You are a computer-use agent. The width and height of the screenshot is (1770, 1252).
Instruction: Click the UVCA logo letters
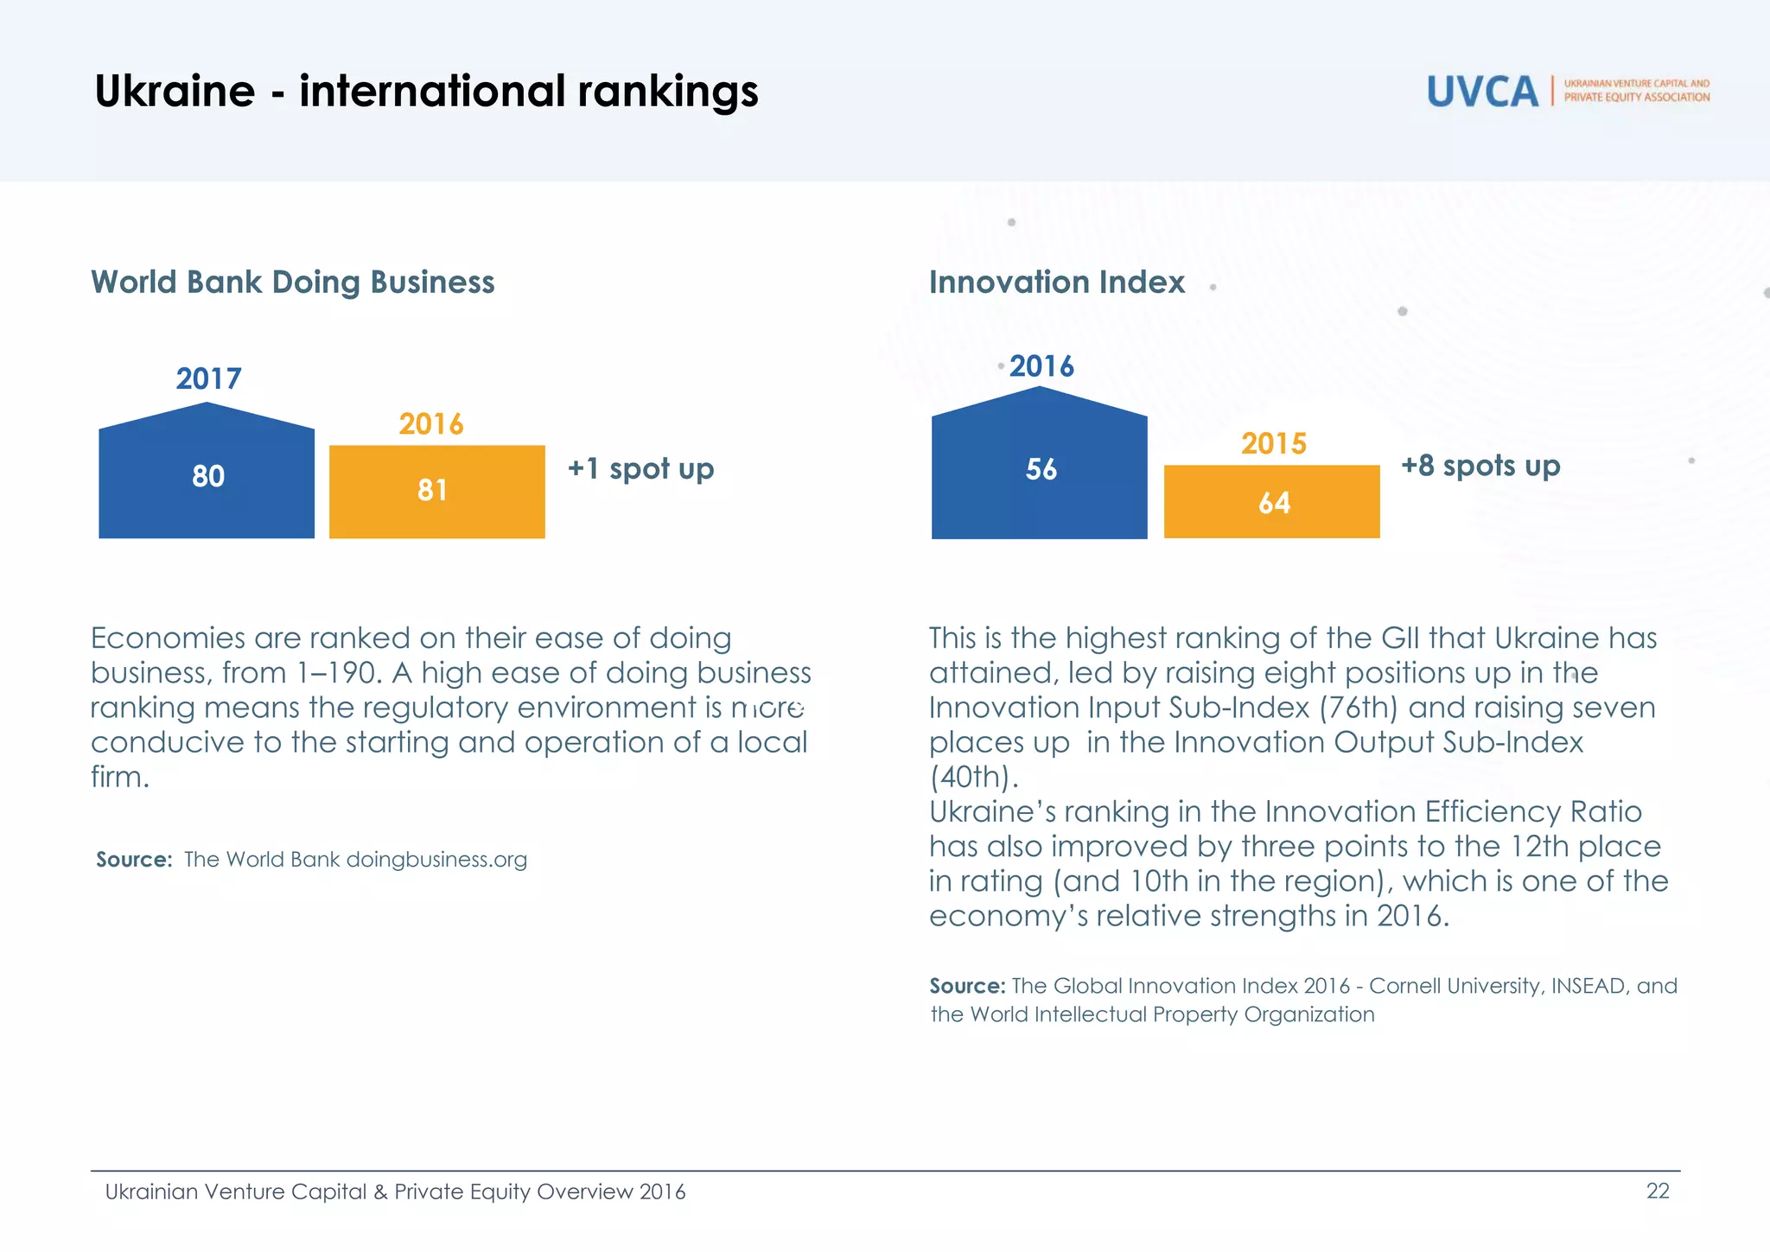click(x=1481, y=92)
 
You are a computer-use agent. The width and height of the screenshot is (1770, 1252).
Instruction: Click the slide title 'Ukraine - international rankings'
click(x=426, y=91)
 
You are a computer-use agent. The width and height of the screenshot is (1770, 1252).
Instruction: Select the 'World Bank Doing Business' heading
click(x=293, y=282)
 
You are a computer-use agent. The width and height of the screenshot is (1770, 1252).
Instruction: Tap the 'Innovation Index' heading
click(x=1056, y=282)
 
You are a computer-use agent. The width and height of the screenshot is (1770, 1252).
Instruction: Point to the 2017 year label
click(x=208, y=378)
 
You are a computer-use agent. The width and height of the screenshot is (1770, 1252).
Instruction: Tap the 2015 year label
click(x=1273, y=443)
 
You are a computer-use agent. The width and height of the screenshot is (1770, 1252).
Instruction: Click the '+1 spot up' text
click(x=640, y=468)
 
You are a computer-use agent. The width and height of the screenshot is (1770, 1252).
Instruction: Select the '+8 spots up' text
click(x=1480, y=466)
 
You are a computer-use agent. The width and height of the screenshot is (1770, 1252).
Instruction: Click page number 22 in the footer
click(x=1657, y=1191)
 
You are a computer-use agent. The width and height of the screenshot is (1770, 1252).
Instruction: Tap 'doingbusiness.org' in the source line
click(x=436, y=859)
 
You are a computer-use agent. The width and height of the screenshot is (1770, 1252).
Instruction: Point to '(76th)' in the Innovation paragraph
click(x=1359, y=708)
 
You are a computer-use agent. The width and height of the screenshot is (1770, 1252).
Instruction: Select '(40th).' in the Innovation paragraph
click(x=974, y=777)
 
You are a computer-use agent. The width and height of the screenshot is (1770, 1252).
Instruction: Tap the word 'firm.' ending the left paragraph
click(x=120, y=777)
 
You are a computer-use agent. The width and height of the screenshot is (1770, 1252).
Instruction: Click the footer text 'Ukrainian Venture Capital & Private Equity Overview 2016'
click(x=395, y=1192)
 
